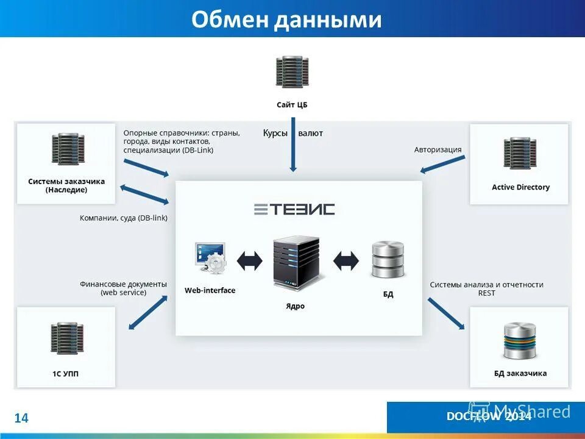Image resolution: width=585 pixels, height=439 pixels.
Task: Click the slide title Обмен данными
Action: point(286,20)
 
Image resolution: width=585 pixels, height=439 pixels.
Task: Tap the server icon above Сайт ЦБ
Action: point(292,72)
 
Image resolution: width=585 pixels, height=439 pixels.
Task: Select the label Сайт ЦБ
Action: point(292,105)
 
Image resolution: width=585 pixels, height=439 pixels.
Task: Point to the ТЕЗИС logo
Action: point(294,209)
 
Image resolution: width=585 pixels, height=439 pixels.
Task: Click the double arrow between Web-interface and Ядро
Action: point(249,261)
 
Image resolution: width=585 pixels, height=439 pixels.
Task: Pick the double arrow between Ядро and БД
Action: point(346,261)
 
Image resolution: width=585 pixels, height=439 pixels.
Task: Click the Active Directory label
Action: point(520,187)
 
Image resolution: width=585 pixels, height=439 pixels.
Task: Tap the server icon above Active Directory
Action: point(520,153)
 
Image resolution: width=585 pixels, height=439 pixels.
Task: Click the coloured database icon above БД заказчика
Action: point(520,341)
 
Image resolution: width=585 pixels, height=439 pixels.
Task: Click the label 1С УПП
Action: point(66,373)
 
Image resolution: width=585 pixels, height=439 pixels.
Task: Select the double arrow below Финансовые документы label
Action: point(147,312)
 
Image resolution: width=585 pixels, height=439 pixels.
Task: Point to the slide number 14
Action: point(21,418)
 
